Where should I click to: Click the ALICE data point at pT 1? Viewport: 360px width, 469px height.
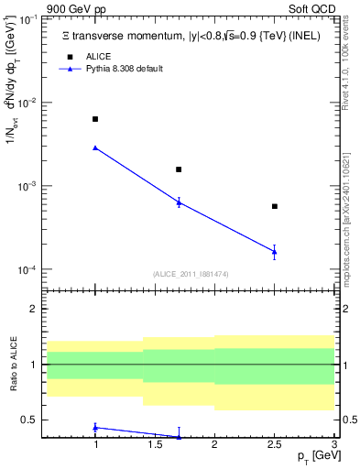click(95, 119)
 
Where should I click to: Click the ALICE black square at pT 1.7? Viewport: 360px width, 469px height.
click(179, 169)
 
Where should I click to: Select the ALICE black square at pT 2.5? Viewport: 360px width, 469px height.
click(275, 206)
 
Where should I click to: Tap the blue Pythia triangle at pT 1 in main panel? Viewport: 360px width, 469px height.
click(95, 147)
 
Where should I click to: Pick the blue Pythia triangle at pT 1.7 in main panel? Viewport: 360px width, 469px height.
click(179, 202)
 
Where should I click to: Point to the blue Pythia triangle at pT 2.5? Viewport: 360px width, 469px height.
click(275, 251)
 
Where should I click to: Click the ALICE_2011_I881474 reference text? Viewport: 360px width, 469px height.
click(189, 274)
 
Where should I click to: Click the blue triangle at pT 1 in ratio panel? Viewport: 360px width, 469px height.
click(95, 427)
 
